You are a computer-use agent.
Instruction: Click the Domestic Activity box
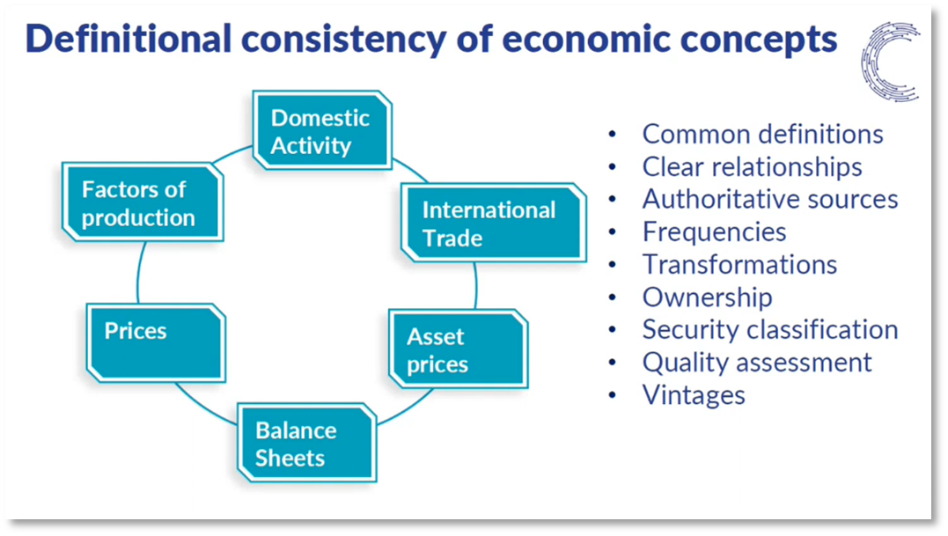(x=321, y=130)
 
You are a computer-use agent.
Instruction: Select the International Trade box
(x=493, y=224)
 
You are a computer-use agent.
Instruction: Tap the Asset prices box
(x=458, y=349)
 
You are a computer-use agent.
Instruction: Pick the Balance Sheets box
(x=306, y=444)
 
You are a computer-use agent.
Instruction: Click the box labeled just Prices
(x=156, y=341)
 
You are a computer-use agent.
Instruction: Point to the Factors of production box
(x=142, y=202)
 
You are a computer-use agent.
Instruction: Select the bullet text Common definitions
(x=762, y=134)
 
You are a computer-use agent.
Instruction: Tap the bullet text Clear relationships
(x=752, y=166)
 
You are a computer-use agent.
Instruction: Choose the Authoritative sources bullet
(x=769, y=199)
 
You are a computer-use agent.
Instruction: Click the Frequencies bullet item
(x=714, y=231)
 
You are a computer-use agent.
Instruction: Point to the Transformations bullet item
(x=739, y=264)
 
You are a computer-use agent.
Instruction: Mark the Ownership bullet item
(x=707, y=297)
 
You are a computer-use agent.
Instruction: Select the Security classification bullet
(x=769, y=329)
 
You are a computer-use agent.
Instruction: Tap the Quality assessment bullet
(x=757, y=362)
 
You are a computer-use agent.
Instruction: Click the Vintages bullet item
(x=694, y=394)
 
